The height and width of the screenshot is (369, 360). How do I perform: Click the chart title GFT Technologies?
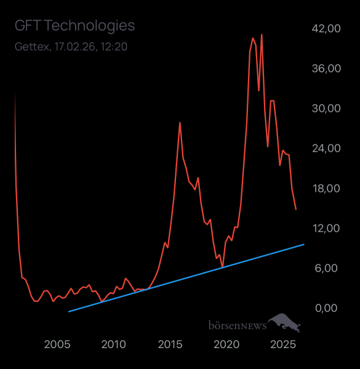(x=74, y=26)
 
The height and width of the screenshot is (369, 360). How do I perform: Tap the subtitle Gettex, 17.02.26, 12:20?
(x=71, y=47)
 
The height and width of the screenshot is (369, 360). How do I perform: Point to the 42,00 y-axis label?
(x=326, y=28)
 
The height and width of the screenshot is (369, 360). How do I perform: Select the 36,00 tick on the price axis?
(x=326, y=68)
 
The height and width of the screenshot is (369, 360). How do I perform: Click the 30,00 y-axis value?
(x=326, y=108)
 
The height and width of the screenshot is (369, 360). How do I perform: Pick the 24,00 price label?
(x=326, y=148)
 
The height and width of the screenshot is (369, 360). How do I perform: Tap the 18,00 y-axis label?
(x=326, y=188)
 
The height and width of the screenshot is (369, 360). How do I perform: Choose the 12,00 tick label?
(x=326, y=228)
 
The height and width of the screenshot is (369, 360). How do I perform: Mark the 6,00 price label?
(x=329, y=268)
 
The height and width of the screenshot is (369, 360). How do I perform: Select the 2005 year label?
(x=58, y=344)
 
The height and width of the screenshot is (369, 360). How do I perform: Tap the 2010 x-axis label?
(x=114, y=344)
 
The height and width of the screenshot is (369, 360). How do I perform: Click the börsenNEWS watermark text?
(x=237, y=325)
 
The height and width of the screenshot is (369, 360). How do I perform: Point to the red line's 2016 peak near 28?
(x=180, y=122)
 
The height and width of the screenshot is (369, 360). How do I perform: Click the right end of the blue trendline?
(x=304, y=244)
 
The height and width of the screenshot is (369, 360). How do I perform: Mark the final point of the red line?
(x=296, y=210)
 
